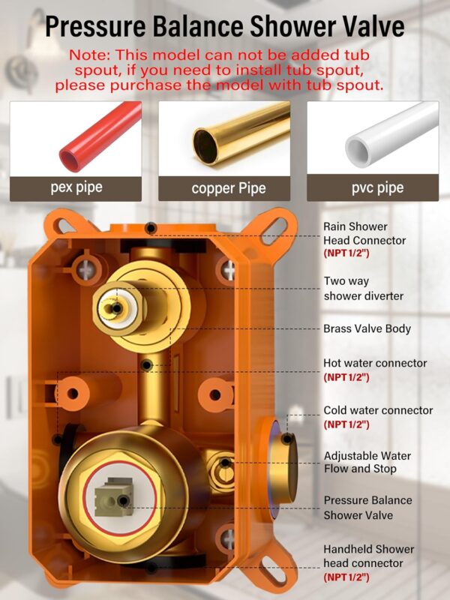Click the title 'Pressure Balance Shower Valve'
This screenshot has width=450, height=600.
click(x=225, y=26)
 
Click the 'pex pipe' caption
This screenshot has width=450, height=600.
click(x=76, y=187)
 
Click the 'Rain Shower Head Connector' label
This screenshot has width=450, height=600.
click(x=364, y=233)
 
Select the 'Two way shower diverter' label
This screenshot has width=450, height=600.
click(x=363, y=289)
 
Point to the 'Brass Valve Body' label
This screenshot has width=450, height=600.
click(x=367, y=328)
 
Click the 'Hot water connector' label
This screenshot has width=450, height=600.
click(x=375, y=363)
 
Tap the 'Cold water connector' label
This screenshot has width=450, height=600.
click(x=378, y=410)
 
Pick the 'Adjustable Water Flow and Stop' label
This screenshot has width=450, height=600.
click(x=367, y=462)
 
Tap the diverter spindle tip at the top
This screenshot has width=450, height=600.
click(x=113, y=305)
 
